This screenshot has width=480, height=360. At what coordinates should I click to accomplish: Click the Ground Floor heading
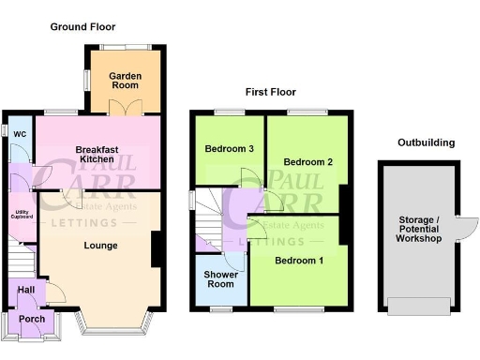(x=83, y=26)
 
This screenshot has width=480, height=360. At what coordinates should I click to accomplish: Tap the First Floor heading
(x=271, y=93)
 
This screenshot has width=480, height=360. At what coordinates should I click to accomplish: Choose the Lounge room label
(x=100, y=246)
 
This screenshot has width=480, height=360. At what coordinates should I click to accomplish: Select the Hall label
(x=27, y=291)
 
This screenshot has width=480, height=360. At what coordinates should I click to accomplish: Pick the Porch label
(x=33, y=318)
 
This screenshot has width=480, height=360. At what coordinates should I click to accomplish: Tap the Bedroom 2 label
(x=308, y=160)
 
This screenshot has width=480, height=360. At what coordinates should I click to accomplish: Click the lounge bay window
(x=112, y=324)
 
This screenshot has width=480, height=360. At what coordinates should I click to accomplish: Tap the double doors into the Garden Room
(x=124, y=111)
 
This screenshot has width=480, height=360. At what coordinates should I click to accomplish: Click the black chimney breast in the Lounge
(x=157, y=247)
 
